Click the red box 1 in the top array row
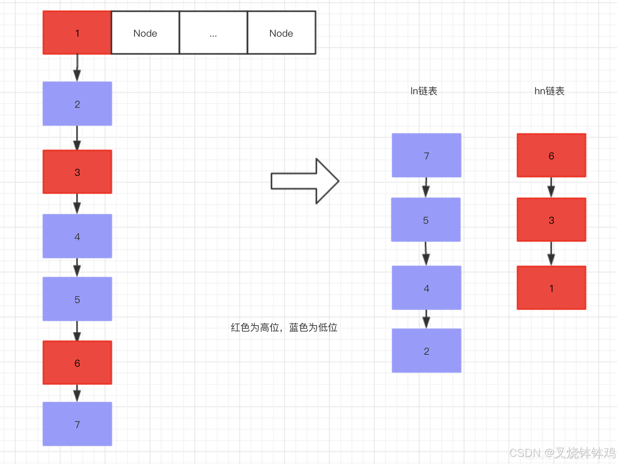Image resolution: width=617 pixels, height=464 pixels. pos(77,33)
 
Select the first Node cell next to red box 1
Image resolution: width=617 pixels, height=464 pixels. pos(145,33)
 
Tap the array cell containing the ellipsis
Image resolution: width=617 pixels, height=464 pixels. pos(213,33)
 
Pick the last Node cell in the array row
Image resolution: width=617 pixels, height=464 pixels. pos(281,33)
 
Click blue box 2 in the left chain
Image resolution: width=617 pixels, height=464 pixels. pos(77,104)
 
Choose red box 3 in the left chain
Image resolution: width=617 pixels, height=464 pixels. pos(77,172)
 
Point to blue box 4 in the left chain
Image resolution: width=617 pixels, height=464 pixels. pos(77,236)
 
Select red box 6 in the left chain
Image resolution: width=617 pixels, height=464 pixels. pos(77,363)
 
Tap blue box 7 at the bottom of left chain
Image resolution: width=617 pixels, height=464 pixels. pos(77,424)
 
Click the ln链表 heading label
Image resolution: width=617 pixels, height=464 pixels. pos(424,91)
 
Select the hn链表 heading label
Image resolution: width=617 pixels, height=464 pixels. pos(549,91)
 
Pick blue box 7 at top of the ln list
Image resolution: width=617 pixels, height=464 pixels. pos(426,155)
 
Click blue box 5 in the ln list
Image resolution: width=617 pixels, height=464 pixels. pos(426,220)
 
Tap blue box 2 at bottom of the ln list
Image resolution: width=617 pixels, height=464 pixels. pos(426,351)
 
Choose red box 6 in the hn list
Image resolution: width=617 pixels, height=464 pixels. pos(551,155)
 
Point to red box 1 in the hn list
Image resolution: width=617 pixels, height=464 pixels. pos(551,288)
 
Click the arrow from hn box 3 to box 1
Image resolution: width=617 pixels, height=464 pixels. pos(551,254)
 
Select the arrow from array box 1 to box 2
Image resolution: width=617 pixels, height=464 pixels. pos(77,68)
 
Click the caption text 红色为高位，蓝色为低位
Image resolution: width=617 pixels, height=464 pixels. pos(284,327)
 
